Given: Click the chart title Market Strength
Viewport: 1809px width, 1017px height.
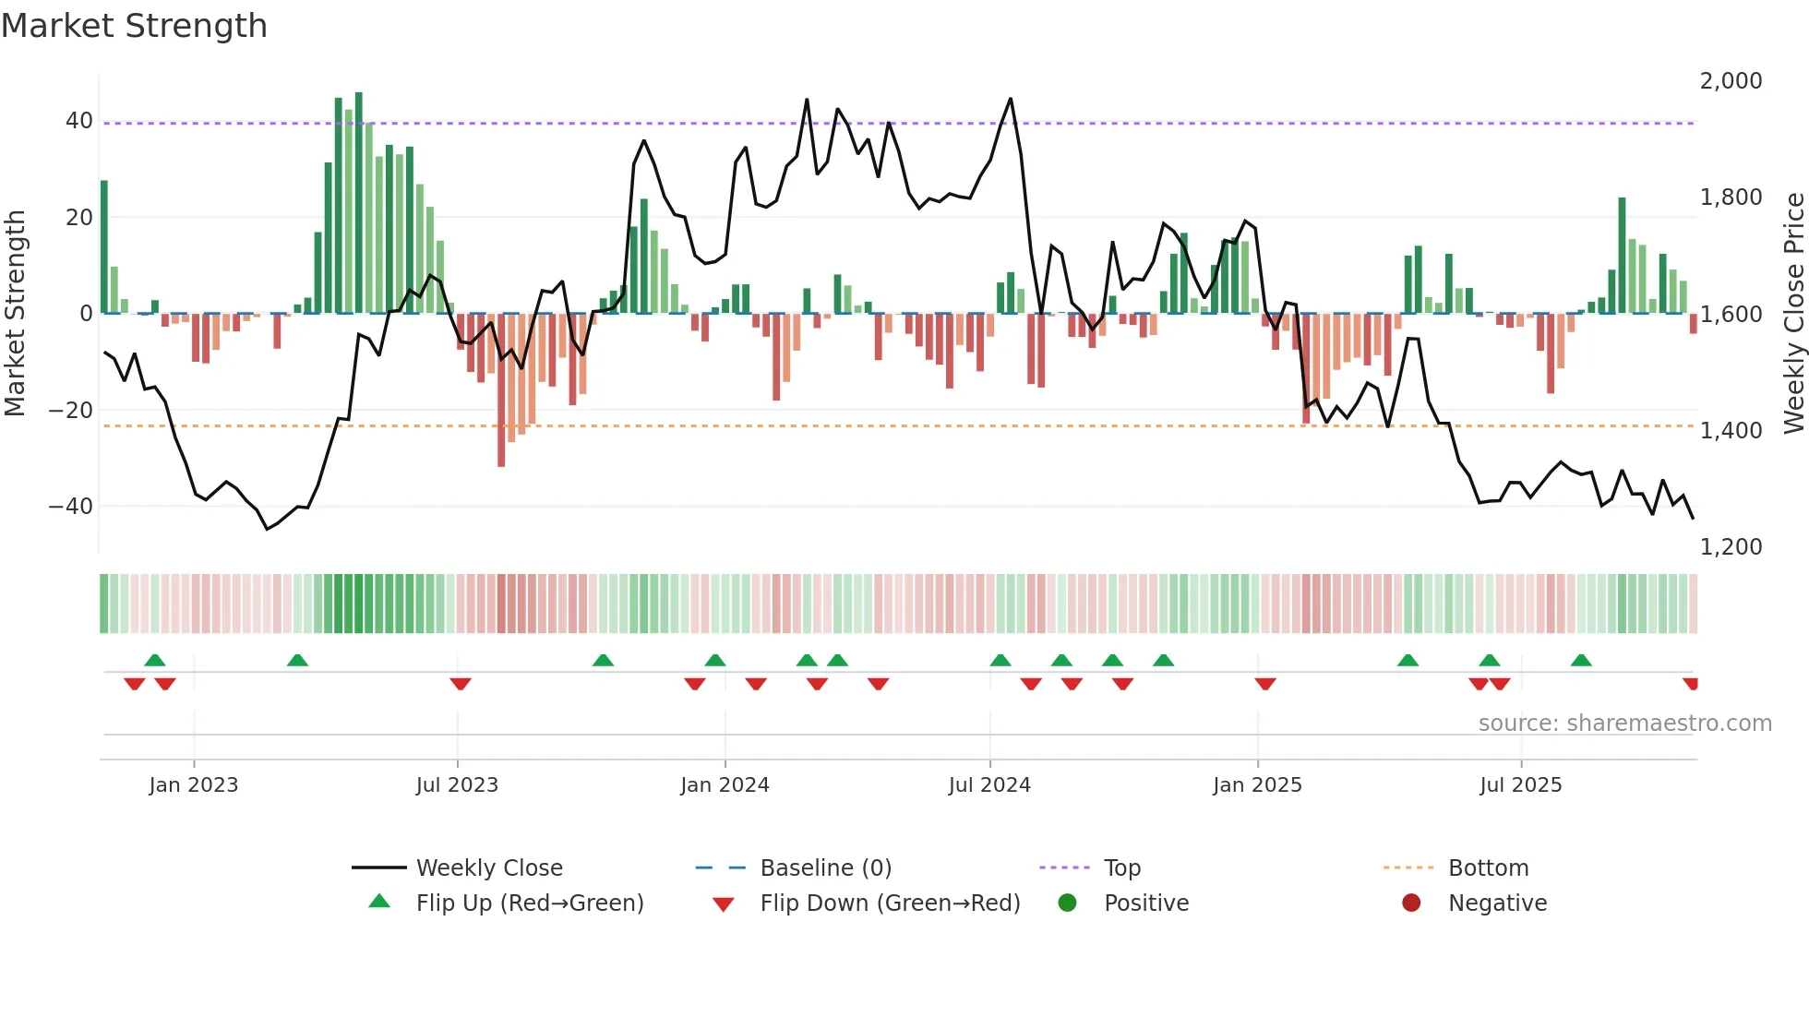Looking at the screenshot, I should click(x=134, y=26).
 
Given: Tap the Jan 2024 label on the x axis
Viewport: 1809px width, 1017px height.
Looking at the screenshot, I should click(x=725, y=785).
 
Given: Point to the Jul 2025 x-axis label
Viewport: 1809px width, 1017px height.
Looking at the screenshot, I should click(x=1520, y=785).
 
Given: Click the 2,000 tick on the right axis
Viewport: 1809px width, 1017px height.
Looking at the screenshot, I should click(x=1731, y=81).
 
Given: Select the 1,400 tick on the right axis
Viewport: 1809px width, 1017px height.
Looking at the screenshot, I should click(x=1731, y=431).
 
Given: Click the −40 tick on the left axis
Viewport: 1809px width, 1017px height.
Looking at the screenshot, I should click(x=71, y=507).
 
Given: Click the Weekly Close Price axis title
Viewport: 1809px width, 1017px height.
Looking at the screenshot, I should click(x=1793, y=314).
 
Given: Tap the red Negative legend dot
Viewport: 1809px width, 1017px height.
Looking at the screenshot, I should click(x=1411, y=903).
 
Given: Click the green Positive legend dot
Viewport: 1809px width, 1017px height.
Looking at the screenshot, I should click(x=1068, y=903).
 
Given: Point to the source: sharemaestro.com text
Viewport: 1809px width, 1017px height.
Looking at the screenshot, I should click(x=1624, y=724).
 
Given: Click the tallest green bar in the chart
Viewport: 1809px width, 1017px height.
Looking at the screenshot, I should click(x=359, y=203).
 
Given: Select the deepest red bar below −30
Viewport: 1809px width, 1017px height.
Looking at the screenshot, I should click(x=501, y=392).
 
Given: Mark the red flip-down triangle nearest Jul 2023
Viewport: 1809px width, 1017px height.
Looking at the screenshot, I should click(x=461, y=684).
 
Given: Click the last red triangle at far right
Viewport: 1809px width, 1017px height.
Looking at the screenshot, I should click(x=1691, y=684).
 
